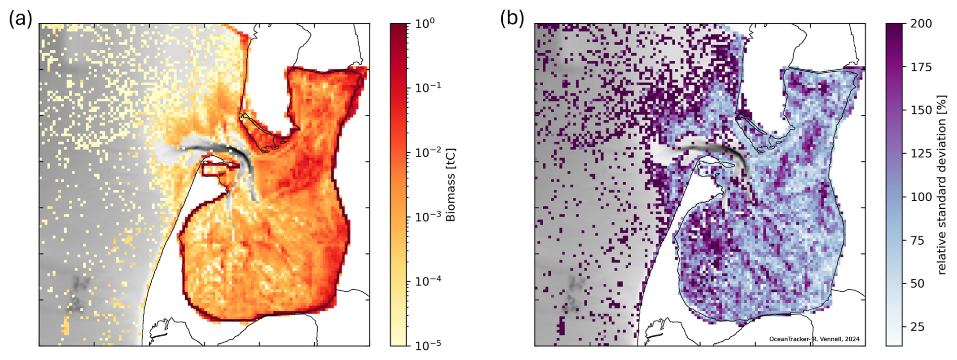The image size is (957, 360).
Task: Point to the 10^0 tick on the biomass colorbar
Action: click(425, 23)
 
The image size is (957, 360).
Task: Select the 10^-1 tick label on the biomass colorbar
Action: click(428, 87)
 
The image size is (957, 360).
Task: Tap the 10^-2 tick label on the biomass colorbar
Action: click(428, 152)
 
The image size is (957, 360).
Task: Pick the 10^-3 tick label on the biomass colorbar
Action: click(428, 217)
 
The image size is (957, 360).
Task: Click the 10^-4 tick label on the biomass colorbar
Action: click(428, 281)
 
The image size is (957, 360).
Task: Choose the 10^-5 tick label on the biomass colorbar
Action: click(428, 345)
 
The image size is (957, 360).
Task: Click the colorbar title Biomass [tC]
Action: click(451, 185)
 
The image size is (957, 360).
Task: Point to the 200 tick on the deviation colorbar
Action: click(921, 24)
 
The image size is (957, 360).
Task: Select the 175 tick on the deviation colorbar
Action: click(921, 67)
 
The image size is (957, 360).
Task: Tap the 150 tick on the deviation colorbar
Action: click(921, 110)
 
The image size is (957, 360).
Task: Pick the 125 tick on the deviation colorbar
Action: click(921, 154)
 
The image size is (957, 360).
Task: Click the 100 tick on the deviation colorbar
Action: click(921, 197)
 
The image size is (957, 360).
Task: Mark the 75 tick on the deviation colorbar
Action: click(917, 241)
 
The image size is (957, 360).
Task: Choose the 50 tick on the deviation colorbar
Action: click(917, 284)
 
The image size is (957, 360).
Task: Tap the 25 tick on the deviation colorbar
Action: click(917, 327)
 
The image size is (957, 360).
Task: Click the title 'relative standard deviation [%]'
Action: click(941, 185)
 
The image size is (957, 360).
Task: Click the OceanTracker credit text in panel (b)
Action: click(814, 339)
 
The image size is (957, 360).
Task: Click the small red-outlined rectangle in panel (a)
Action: click(221, 168)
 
